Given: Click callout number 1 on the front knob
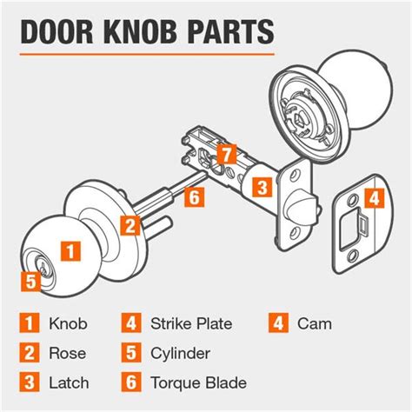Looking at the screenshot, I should [76, 250].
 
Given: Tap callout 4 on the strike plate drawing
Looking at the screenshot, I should [373, 198].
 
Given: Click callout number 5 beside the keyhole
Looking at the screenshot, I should [30, 281].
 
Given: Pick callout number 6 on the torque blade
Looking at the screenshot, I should [194, 197].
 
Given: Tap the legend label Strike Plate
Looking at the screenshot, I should [190, 324].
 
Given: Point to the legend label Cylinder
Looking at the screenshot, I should [181, 353].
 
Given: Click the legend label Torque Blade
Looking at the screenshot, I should [198, 382].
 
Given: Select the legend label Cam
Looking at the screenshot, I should [314, 324].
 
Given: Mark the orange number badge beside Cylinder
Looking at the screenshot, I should [130, 353].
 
